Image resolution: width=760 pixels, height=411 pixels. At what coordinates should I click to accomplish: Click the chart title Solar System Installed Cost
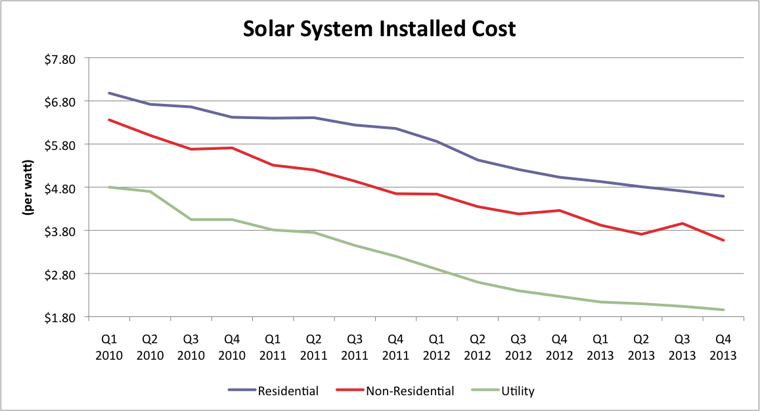pos(380,28)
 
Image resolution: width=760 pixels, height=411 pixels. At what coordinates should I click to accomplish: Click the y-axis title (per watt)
pos(28,187)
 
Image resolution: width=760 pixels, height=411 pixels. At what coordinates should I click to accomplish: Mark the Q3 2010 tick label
pos(191,347)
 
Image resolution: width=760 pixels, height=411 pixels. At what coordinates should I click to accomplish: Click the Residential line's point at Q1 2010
pos(109,93)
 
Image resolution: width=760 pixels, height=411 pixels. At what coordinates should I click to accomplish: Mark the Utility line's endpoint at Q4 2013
pos(723,310)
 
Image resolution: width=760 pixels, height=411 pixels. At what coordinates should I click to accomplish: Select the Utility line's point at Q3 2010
pos(191,219)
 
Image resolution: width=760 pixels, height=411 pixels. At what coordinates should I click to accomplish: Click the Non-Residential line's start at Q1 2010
pos(109,120)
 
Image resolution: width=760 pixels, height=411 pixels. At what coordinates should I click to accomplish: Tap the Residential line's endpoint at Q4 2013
pos(723,196)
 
